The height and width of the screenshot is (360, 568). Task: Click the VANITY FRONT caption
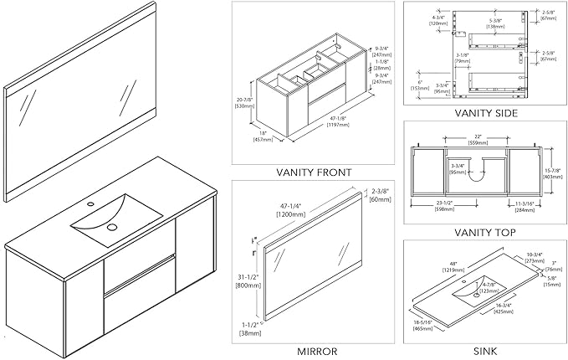tap(314, 172)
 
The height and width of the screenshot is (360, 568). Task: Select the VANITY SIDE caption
tap(485, 113)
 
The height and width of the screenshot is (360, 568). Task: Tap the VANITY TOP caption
tap(485, 232)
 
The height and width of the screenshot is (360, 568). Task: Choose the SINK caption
tap(485, 351)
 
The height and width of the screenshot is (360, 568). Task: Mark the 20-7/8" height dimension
tap(243, 102)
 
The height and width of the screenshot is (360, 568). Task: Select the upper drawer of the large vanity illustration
tap(139, 272)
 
